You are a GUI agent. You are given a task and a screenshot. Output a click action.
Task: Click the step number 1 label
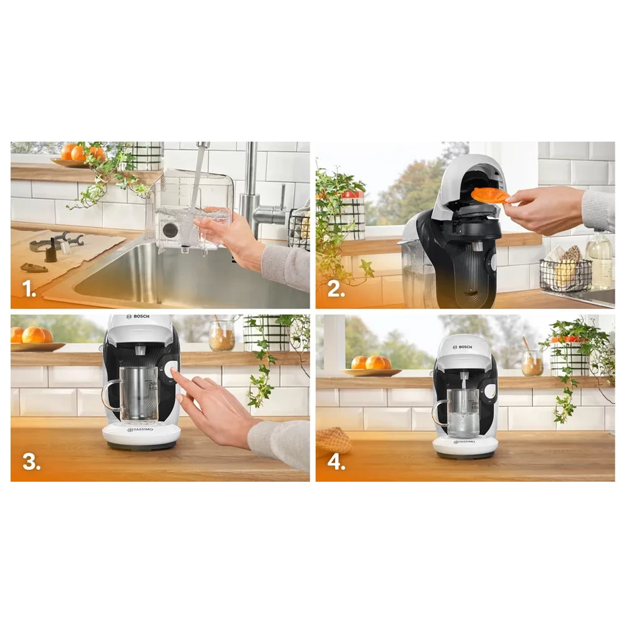pos(29,289)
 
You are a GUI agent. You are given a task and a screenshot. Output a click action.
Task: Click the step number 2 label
pos(335,289)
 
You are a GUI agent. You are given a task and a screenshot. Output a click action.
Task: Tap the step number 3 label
pos(31,462)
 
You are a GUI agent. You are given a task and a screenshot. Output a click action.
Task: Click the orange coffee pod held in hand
pos(490,195)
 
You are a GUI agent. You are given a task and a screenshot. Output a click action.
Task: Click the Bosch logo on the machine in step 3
pos(140,317)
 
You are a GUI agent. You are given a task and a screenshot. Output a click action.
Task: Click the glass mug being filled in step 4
pos(463,413)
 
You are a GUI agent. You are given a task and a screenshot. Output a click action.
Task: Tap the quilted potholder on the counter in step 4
pos(333,440)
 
